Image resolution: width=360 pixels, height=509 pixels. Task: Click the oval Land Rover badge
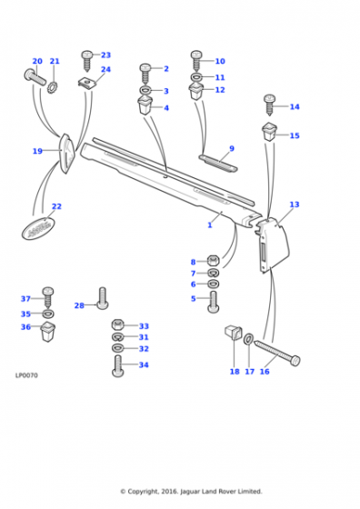(x=38, y=228)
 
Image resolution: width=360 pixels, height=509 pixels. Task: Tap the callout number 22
(x=56, y=206)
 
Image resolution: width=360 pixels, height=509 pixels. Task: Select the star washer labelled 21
(x=52, y=87)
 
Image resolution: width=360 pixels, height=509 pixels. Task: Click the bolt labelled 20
(x=35, y=77)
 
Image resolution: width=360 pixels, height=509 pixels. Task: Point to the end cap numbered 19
(x=67, y=154)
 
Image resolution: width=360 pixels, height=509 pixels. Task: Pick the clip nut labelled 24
(x=87, y=83)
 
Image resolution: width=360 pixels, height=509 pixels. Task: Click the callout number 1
(x=210, y=225)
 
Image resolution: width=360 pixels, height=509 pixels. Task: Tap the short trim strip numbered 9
(x=218, y=163)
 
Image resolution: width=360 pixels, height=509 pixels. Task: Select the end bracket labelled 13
(x=273, y=245)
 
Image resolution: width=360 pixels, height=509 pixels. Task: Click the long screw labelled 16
(x=277, y=354)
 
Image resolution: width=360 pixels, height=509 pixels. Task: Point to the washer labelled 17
(x=248, y=339)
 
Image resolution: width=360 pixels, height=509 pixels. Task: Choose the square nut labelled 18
(x=234, y=333)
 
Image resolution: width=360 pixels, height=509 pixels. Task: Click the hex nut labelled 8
(x=214, y=260)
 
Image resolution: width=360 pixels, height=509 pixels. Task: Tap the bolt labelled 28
(x=103, y=298)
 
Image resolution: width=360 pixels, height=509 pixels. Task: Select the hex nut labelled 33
(x=118, y=324)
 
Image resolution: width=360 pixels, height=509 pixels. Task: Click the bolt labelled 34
(x=118, y=365)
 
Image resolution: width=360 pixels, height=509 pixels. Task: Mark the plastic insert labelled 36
(x=48, y=331)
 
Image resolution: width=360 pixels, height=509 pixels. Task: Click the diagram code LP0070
(x=26, y=375)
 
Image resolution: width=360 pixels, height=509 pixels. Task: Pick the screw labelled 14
(x=270, y=105)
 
